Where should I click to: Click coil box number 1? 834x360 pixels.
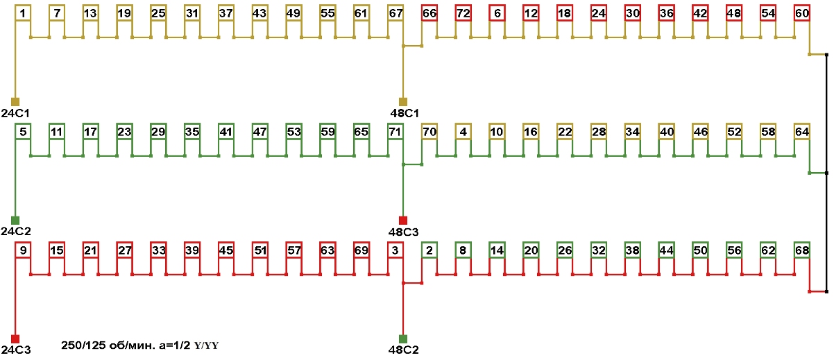(x=23, y=13)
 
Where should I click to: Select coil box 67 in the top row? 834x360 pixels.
(x=395, y=13)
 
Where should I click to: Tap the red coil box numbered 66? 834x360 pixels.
(x=429, y=13)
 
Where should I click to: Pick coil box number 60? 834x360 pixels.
(x=802, y=13)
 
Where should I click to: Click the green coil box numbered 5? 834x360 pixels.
(x=23, y=131)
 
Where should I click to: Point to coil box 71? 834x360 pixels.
(x=395, y=131)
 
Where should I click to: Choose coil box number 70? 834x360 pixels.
(x=429, y=131)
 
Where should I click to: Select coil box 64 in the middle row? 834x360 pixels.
(x=802, y=131)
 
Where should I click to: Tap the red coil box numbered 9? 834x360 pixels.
(x=23, y=250)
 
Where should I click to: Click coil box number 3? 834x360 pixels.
(x=395, y=250)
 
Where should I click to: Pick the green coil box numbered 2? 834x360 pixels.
(x=429, y=250)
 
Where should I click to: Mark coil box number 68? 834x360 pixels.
(x=802, y=250)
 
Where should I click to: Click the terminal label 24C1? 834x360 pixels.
(x=15, y=112)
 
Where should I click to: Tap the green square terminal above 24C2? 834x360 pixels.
(x=15, y=220)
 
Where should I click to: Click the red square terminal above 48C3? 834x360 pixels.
(x=403, y=220)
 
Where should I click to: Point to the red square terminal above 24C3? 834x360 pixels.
(x=15, y=338)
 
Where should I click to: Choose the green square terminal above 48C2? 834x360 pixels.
(x=403, y=338)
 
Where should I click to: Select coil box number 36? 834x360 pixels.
(x=667, y=13)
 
